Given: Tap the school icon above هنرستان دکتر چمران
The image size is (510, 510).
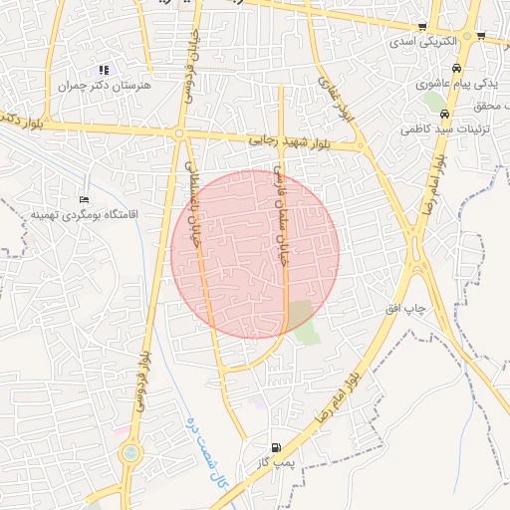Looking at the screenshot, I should click(x=104, y=70).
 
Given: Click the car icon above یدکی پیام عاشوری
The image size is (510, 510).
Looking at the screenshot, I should click(x=455, y=69).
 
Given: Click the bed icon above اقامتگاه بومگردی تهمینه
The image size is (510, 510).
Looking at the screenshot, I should click(x=84, y=198).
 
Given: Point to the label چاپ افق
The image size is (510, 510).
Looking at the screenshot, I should click(x=405, y=309).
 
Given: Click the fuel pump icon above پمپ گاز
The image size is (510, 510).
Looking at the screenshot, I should click(x=276, y=447).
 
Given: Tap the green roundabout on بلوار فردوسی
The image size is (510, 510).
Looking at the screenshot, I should click(x=129, y=454).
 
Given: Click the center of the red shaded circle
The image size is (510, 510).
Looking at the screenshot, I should click(x=255, y=254).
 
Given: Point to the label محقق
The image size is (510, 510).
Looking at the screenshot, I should click(x=493, y=107).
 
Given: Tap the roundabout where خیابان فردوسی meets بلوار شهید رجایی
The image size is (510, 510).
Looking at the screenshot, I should click(x=179, y=132).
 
